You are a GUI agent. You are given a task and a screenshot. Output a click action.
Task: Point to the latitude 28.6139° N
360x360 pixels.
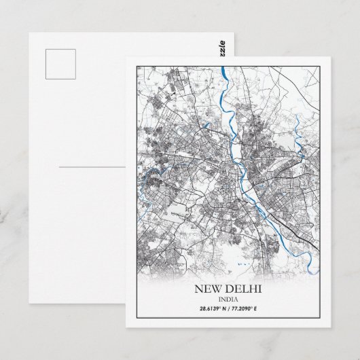tap(206, 309)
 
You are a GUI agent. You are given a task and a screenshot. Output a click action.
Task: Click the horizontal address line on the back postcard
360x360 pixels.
tap(91, 166)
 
